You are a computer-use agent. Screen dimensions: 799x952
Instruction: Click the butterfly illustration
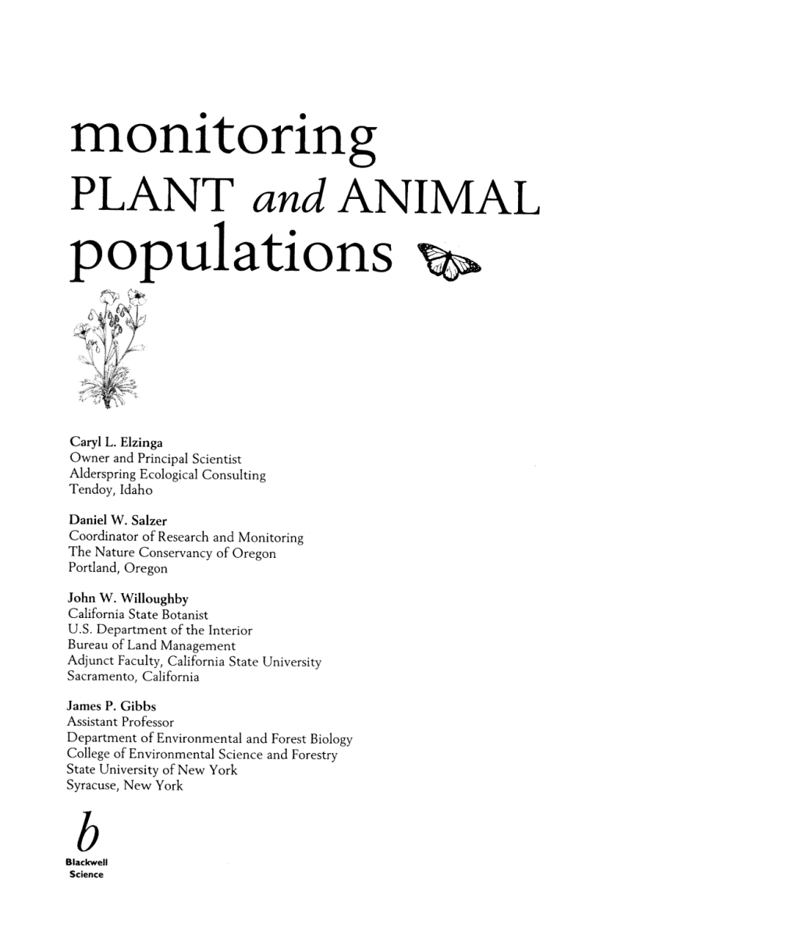point(460,264)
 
